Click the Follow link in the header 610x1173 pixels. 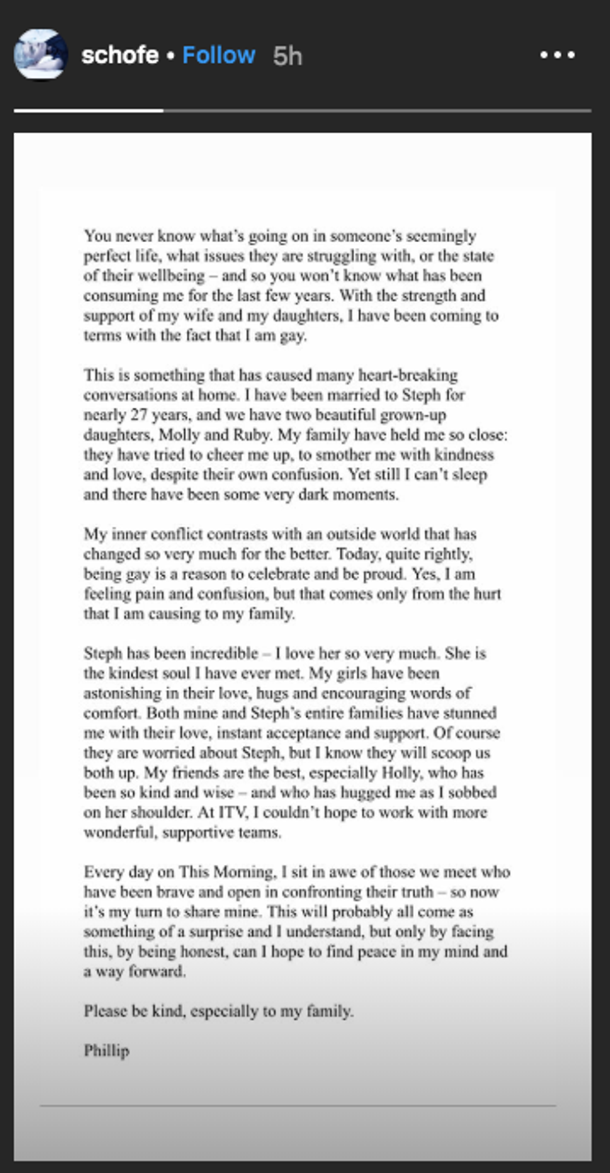[x=218, y=55]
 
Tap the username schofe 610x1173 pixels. [x=120, y=55]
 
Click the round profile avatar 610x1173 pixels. [x=40, y=55]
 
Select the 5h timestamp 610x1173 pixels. [x=287, y=56]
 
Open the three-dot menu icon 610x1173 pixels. [x=557, y=55]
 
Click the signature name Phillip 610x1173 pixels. [x=106, y=1051]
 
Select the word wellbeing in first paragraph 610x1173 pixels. [x=171, y=275]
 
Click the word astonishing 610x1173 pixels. [x=123, y=693]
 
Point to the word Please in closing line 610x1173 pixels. [x=105, y=1011]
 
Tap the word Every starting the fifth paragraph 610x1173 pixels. [x=103, y=872]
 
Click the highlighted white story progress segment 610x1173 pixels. [x=88, y=111]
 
